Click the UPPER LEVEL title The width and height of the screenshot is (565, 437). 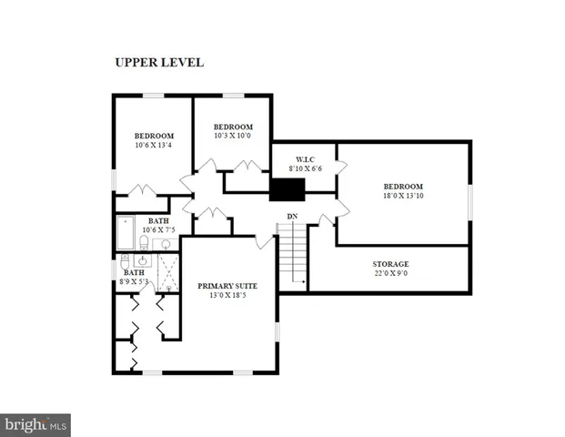click(x=158, y=63)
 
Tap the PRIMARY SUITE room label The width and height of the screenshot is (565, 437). click(x=227, y=286)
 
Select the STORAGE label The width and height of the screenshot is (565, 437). click(x=390, y=264)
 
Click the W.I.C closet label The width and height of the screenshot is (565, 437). click(x=304, y=158)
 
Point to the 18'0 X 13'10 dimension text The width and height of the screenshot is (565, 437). click(x=402, y=195)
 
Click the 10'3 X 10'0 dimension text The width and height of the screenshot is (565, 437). click(x=232, y=137)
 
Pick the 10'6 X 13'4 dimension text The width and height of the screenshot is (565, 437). click(x=153, y=145)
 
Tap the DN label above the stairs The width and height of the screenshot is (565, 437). click(x=292, y=216)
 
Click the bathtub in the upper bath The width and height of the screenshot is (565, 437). click(x=126, y=233)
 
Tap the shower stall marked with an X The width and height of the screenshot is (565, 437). click(x=167, y=272)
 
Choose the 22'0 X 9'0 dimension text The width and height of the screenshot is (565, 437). click(x=390, y=274)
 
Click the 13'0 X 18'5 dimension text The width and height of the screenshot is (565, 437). click(x=227, y=296)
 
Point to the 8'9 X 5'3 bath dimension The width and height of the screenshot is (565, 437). click(x=135, y=282)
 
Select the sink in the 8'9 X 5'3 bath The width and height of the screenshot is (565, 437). click(x=142, y=260)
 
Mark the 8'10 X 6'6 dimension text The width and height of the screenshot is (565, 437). click(x=304, y=168)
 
